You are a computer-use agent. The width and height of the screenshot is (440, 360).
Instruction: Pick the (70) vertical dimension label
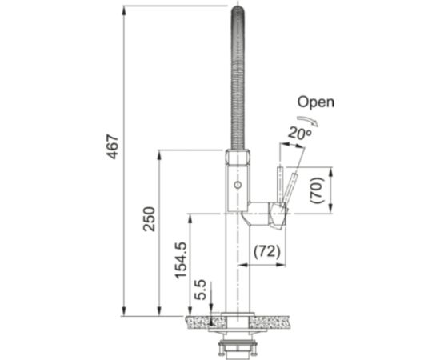(316, 189)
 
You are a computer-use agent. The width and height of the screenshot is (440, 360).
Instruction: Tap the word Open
(315, 102)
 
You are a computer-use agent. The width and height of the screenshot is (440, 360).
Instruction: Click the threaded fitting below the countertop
(239, 346)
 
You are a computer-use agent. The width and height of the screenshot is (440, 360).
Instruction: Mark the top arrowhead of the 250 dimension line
(160, 154)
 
